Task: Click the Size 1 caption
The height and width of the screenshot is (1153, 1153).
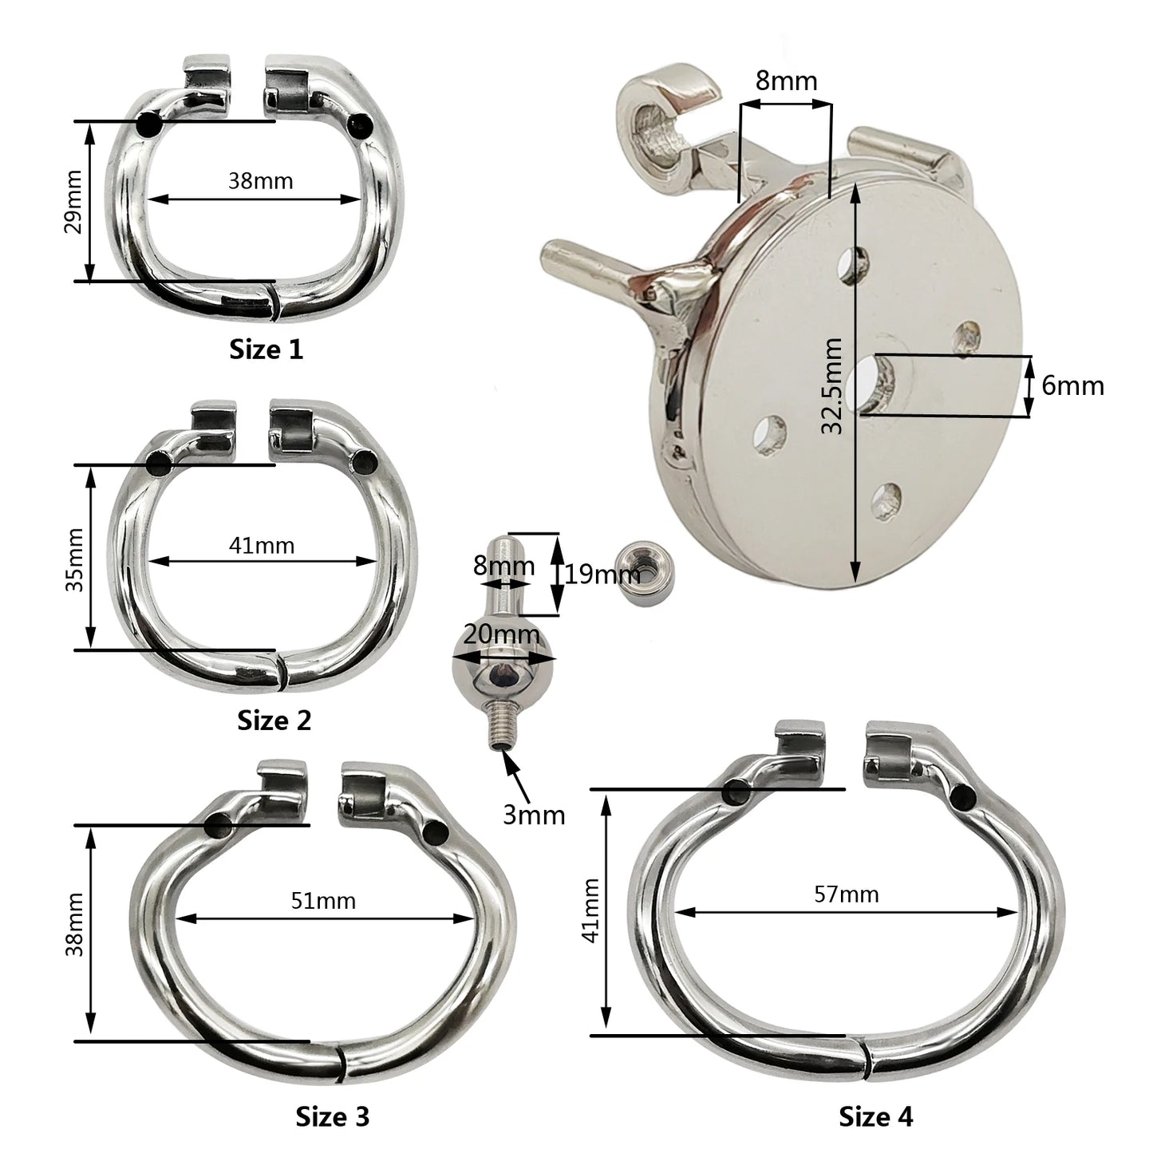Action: (267, 349)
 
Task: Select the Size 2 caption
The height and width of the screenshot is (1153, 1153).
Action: (274, 721)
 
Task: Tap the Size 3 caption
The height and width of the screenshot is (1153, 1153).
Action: (333, 1100)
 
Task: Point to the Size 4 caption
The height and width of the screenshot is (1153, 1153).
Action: (876, 1100)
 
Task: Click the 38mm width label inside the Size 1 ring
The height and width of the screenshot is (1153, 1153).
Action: (261, 180)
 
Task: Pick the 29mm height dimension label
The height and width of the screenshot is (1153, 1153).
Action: (74, 202)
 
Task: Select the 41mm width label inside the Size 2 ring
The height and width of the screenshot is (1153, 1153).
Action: (262, 546)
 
